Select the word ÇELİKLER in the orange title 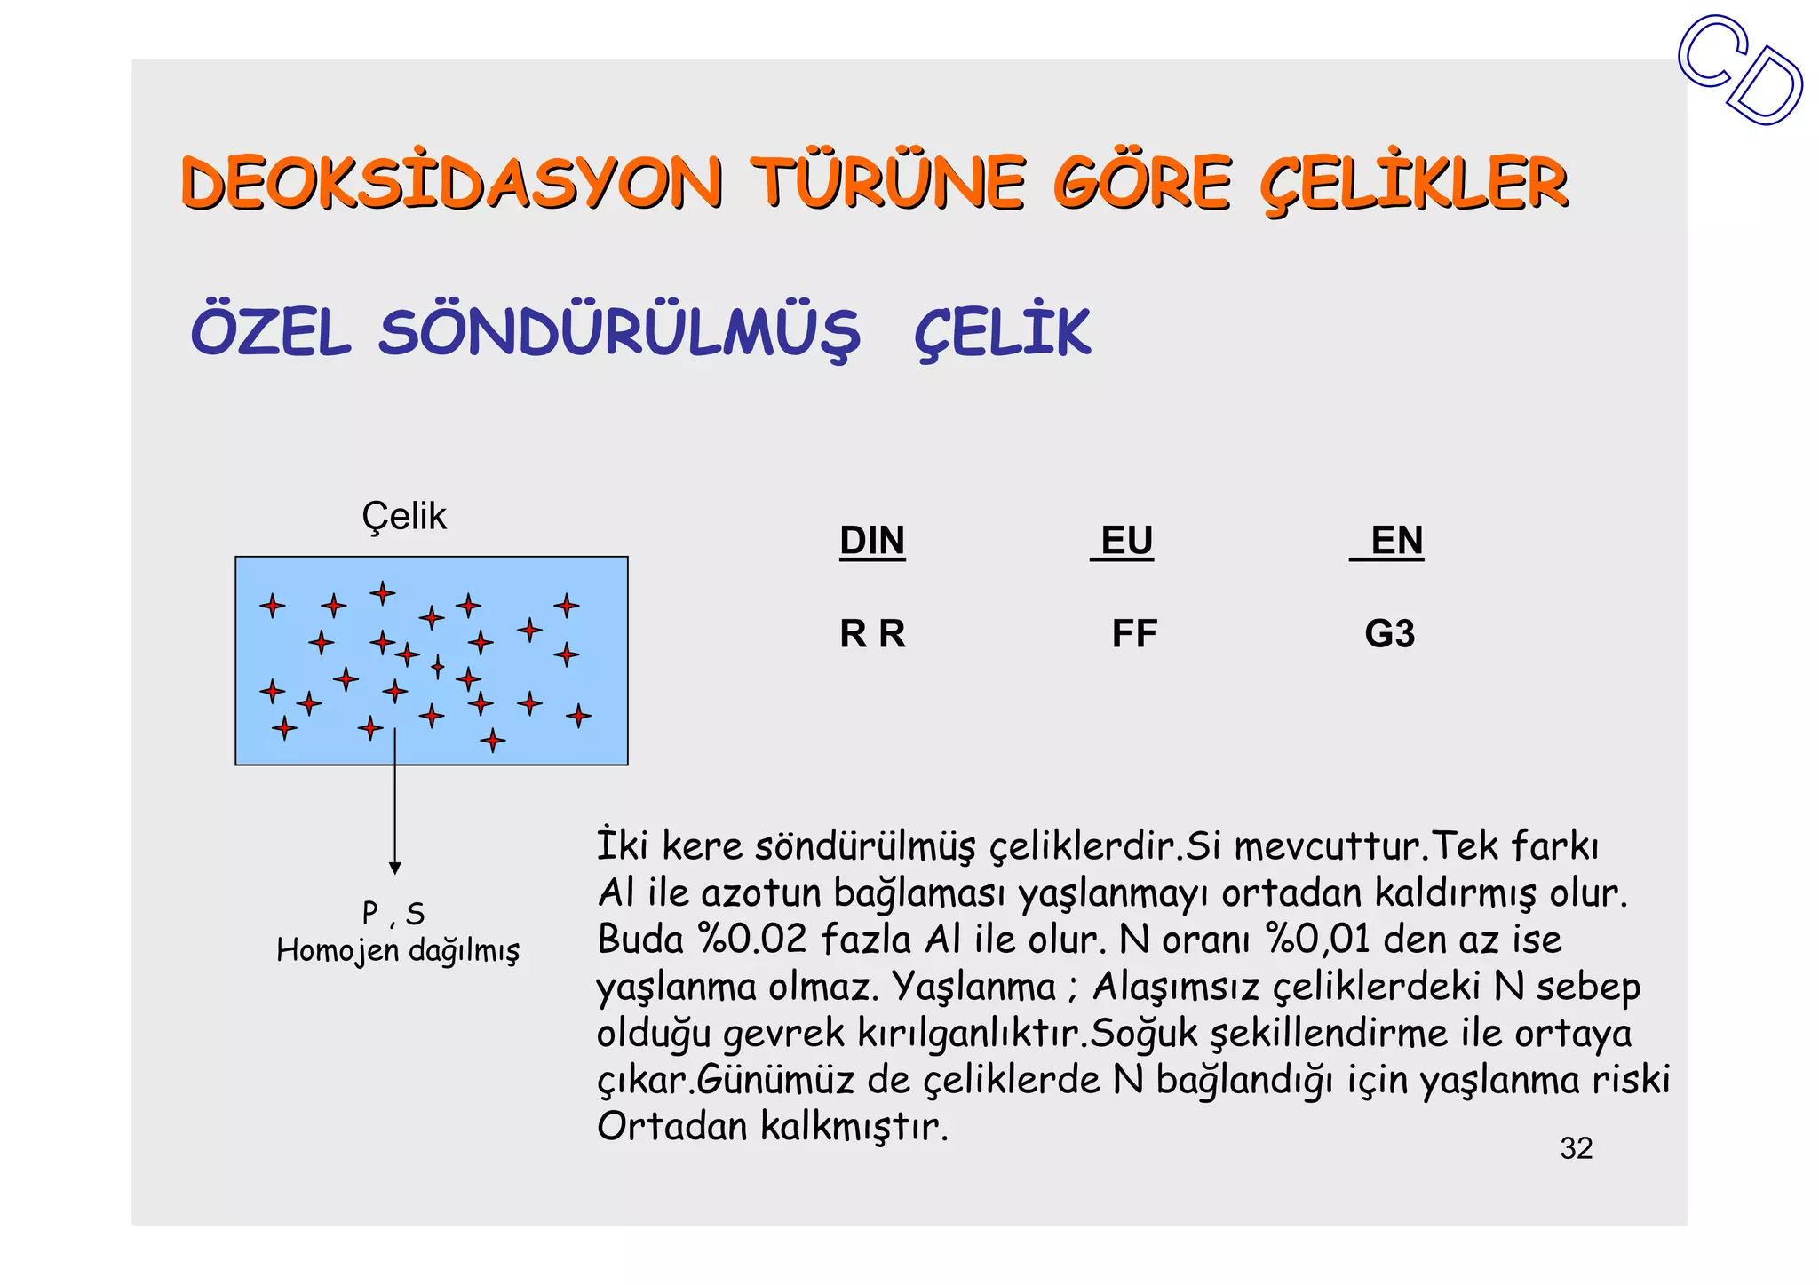coord(1414,183)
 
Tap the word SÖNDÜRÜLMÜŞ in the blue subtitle coord(619,333)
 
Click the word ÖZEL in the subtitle coord(271,333)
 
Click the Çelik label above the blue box coord(403,516)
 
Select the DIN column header coord(872,541)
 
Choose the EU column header coord(1126,541)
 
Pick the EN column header coord(1396,541)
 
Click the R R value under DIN coord(872,634)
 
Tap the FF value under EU coord(1134,634)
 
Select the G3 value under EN coord(1389,634)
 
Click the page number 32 coord(1576,1148)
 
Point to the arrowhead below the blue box coord(395,868)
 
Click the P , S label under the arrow coord(393,913)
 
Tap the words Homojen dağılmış coord(398,950)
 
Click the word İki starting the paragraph coord(622,845)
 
